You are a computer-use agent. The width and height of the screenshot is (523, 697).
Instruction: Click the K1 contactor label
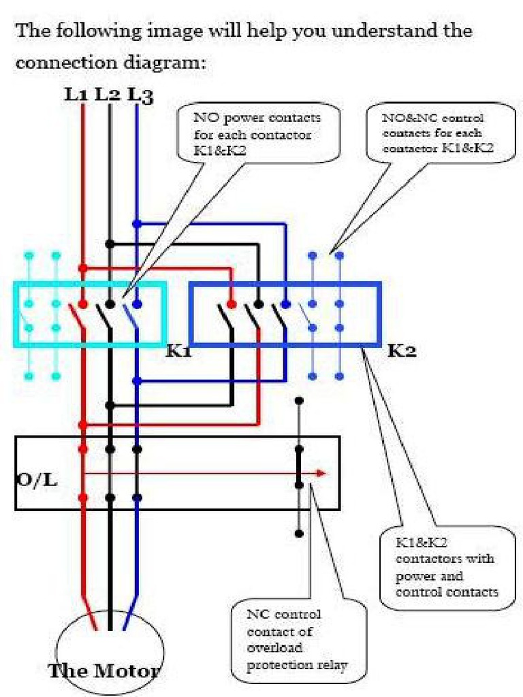pyautogui.click(x=178, y=352)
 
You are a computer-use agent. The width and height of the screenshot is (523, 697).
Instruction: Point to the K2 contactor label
pyautogui.click(x=402, y=352)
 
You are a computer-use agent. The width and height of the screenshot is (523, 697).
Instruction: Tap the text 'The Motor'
pyautogui.click(x=104, y=670)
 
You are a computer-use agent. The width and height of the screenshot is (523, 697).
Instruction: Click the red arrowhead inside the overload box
pyautogui.click(x=321, y=474)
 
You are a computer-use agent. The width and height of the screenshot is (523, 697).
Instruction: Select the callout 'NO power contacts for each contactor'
pyautogui.click(x=257, y=134)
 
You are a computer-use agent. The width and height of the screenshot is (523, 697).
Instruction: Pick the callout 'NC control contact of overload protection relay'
pyautogui.click(x=298, y=640)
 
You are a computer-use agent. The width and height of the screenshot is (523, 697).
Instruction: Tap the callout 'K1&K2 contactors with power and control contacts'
pyautogui.click(x=446, y=567)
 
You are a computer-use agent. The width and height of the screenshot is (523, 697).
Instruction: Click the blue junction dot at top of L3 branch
pyautogui.click(x=137, y=223)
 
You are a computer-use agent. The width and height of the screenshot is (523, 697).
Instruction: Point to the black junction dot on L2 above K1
pyautogui.click(x=109, y=244)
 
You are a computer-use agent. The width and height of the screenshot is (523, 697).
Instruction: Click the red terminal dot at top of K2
pyautogui.click(x=232, y=303)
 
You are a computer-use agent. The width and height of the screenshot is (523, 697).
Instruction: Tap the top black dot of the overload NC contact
pyautogui.click(x=298, y=402)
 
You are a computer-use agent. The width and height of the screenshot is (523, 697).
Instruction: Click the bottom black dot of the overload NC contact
pyautogui.click(x=298, y=534)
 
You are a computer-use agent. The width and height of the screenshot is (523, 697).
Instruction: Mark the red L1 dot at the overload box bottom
pyautogui.click(x=83, y=498)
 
